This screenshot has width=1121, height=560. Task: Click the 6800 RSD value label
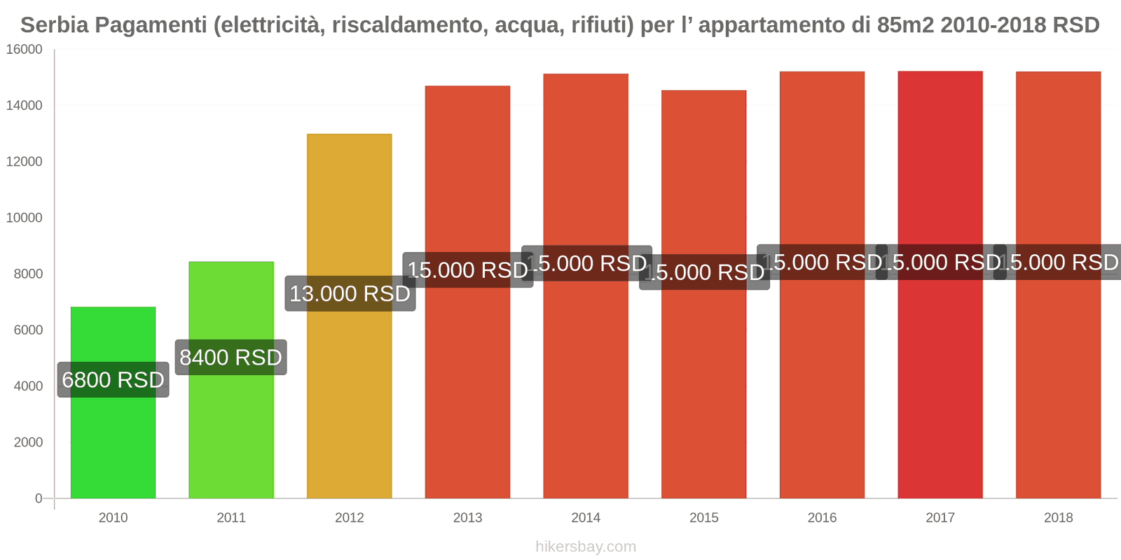pyautogui.click(x=113, y=380)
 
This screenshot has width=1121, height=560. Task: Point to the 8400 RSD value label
pyautogui.click(x=231, y=358)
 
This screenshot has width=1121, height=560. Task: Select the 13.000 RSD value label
pyautogui.click(x=350, y=294)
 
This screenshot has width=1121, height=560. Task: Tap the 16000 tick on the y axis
pyautogui.click(x=25, y=50)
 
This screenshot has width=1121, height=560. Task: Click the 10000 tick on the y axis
pyautogui.click(x=25, y=218)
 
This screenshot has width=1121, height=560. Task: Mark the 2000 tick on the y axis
pyautogui.click(x=28, y=442)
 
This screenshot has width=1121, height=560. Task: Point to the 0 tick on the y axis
pyautogui.click(x=39, y=498)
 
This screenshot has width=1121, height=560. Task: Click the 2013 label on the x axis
pyautogui.click(x=467, y=518)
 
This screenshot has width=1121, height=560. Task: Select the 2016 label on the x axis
pyautogui.click(x=822, y=518)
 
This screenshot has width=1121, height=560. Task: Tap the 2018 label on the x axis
pyautogui.click(x=1058, y=518)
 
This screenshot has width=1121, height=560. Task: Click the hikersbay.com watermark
pyautogui.click(x=586, y=547)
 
